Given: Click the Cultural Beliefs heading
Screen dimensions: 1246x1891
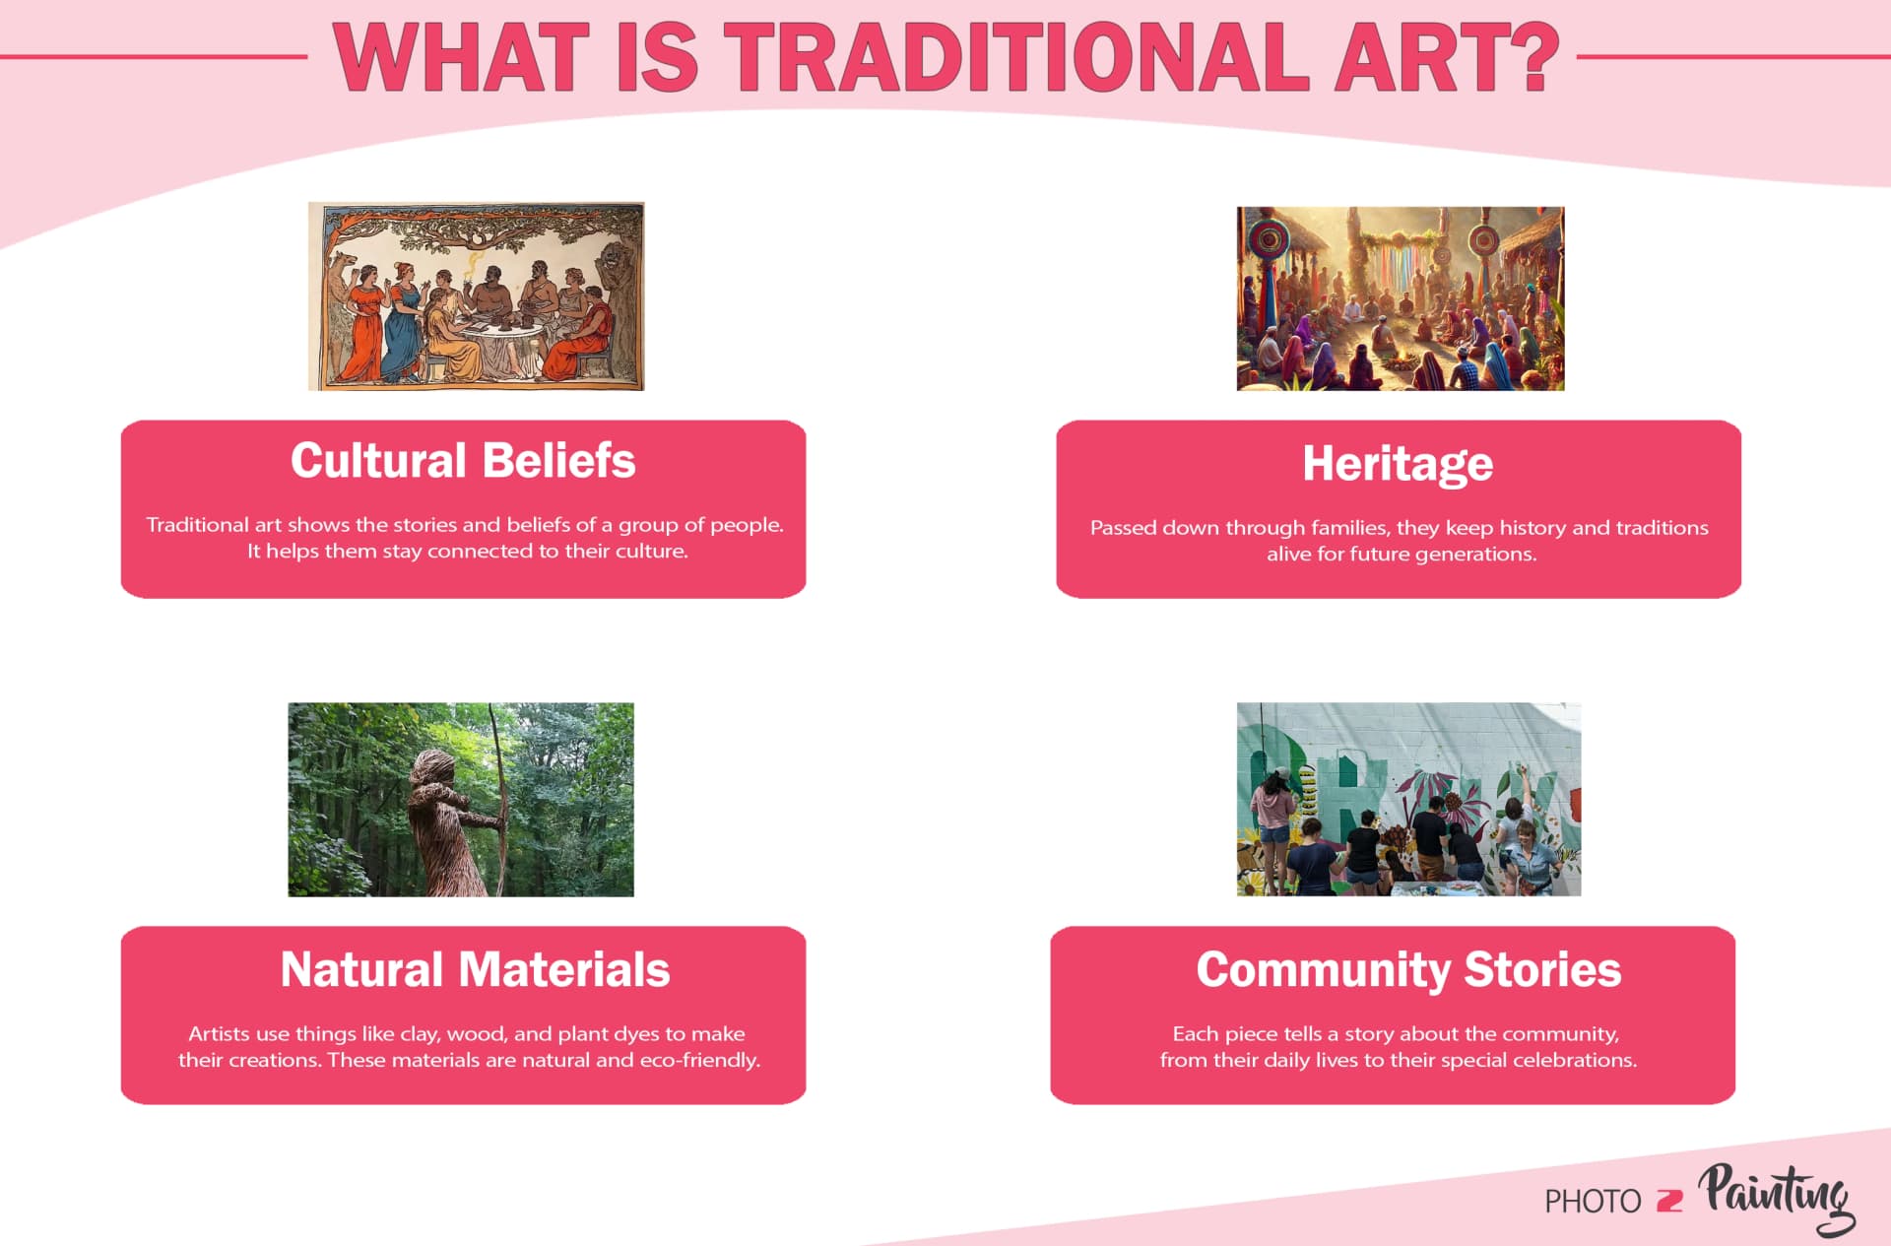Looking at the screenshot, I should (x=463, y=461).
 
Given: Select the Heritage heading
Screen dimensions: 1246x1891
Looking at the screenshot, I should (x=1398, y=464).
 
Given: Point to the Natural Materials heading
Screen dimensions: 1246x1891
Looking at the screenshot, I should (x=475, y=969).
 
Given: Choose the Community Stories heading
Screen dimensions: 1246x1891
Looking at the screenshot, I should (x=1408, y=969).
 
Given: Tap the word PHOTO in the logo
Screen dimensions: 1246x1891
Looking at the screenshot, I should (x=1593, y=1202).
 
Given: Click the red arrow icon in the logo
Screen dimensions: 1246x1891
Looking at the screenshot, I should (x=1669, y=1201).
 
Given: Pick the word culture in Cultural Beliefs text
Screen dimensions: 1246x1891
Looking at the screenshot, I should (x=650, y=552).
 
